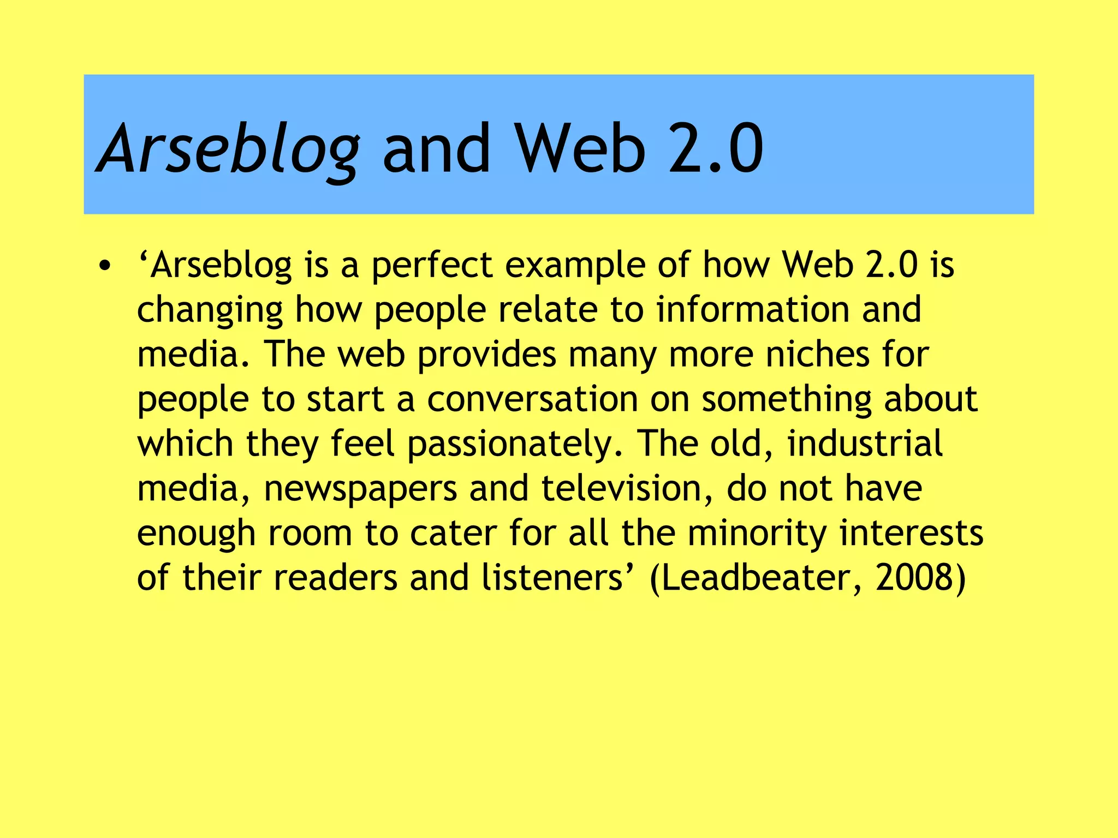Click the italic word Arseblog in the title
[x=228, y=148]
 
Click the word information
[x=753, y=309]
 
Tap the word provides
[x=486, y=355]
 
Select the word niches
[x=817, y=354]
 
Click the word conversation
[x=532, y=399]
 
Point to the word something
[x=786, y=400]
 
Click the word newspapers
[x=360, y=489]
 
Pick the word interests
[x=911, y=533]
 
